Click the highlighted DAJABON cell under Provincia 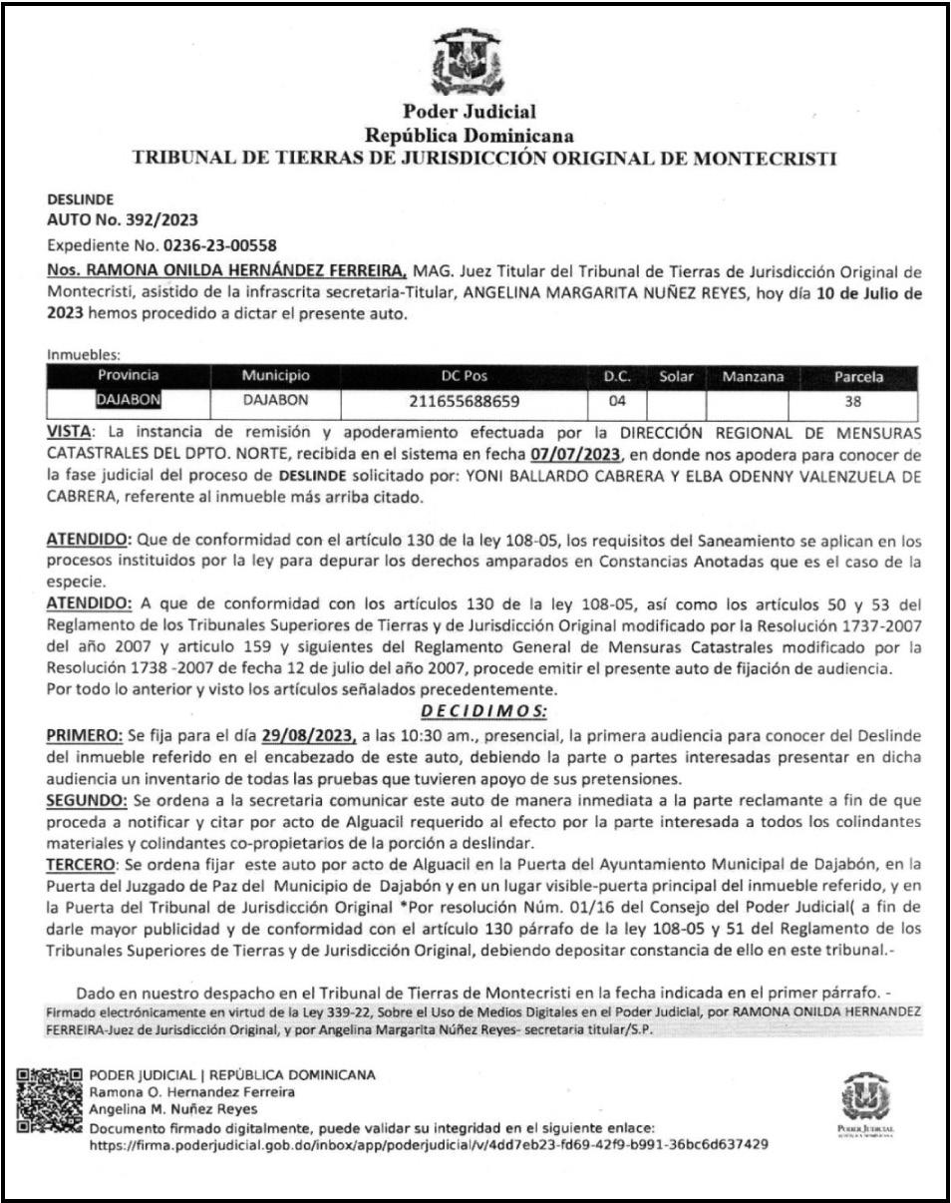coord(129,402)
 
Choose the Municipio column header coord(275,379)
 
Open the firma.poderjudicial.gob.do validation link coord(429,1144)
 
